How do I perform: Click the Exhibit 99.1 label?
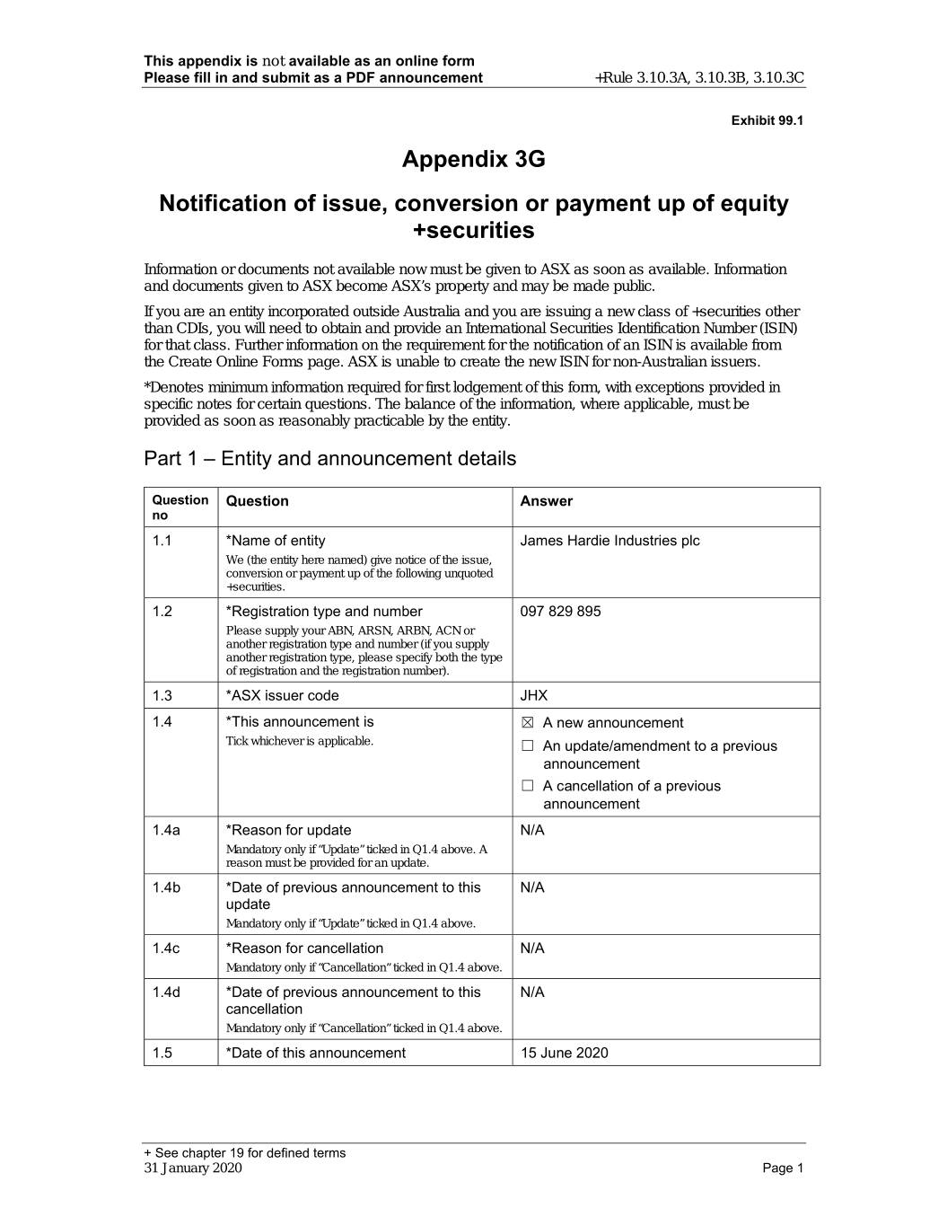(767, 120)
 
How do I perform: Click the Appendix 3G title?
(473, 160)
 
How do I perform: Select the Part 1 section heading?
(329, 459)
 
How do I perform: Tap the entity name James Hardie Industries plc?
(609, 541)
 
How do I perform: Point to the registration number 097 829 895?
(560, 612)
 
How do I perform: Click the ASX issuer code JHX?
(533, 695)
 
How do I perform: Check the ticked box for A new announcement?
(528, 723)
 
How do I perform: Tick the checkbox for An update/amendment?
(528, 746)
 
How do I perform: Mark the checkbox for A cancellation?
(528, 786)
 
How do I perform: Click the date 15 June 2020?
(564, 1053)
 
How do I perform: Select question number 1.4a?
(166, 830)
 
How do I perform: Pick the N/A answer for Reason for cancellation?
(532, 948)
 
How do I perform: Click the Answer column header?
(546, 501)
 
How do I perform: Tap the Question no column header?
(180, 507)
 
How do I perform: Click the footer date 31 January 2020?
(193, 1168)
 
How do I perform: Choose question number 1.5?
(162, 1053)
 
